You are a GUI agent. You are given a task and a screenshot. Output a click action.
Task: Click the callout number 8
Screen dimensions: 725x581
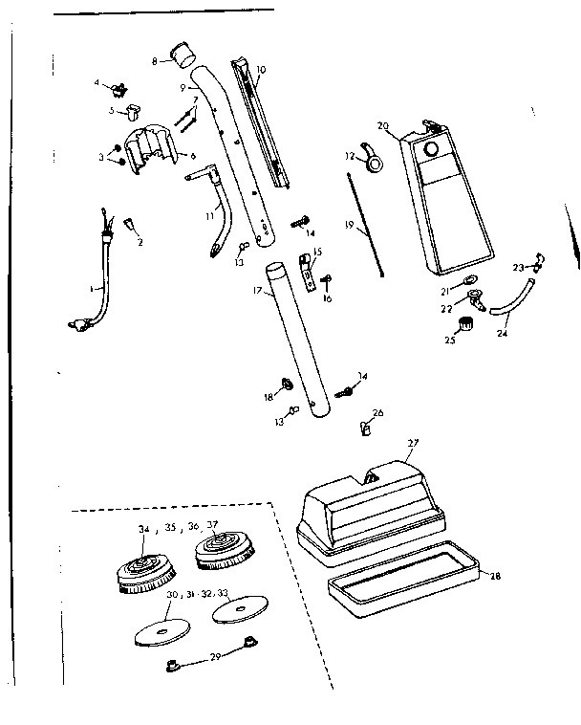point(156,60)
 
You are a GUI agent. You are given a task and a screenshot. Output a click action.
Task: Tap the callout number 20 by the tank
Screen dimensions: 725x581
point(383,125)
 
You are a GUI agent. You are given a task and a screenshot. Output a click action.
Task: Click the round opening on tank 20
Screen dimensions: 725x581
point(432,150)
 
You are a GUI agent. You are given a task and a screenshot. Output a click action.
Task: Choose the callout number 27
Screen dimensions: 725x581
point(413,443)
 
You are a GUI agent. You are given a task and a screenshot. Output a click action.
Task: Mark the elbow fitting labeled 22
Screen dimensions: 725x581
point(475,298)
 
